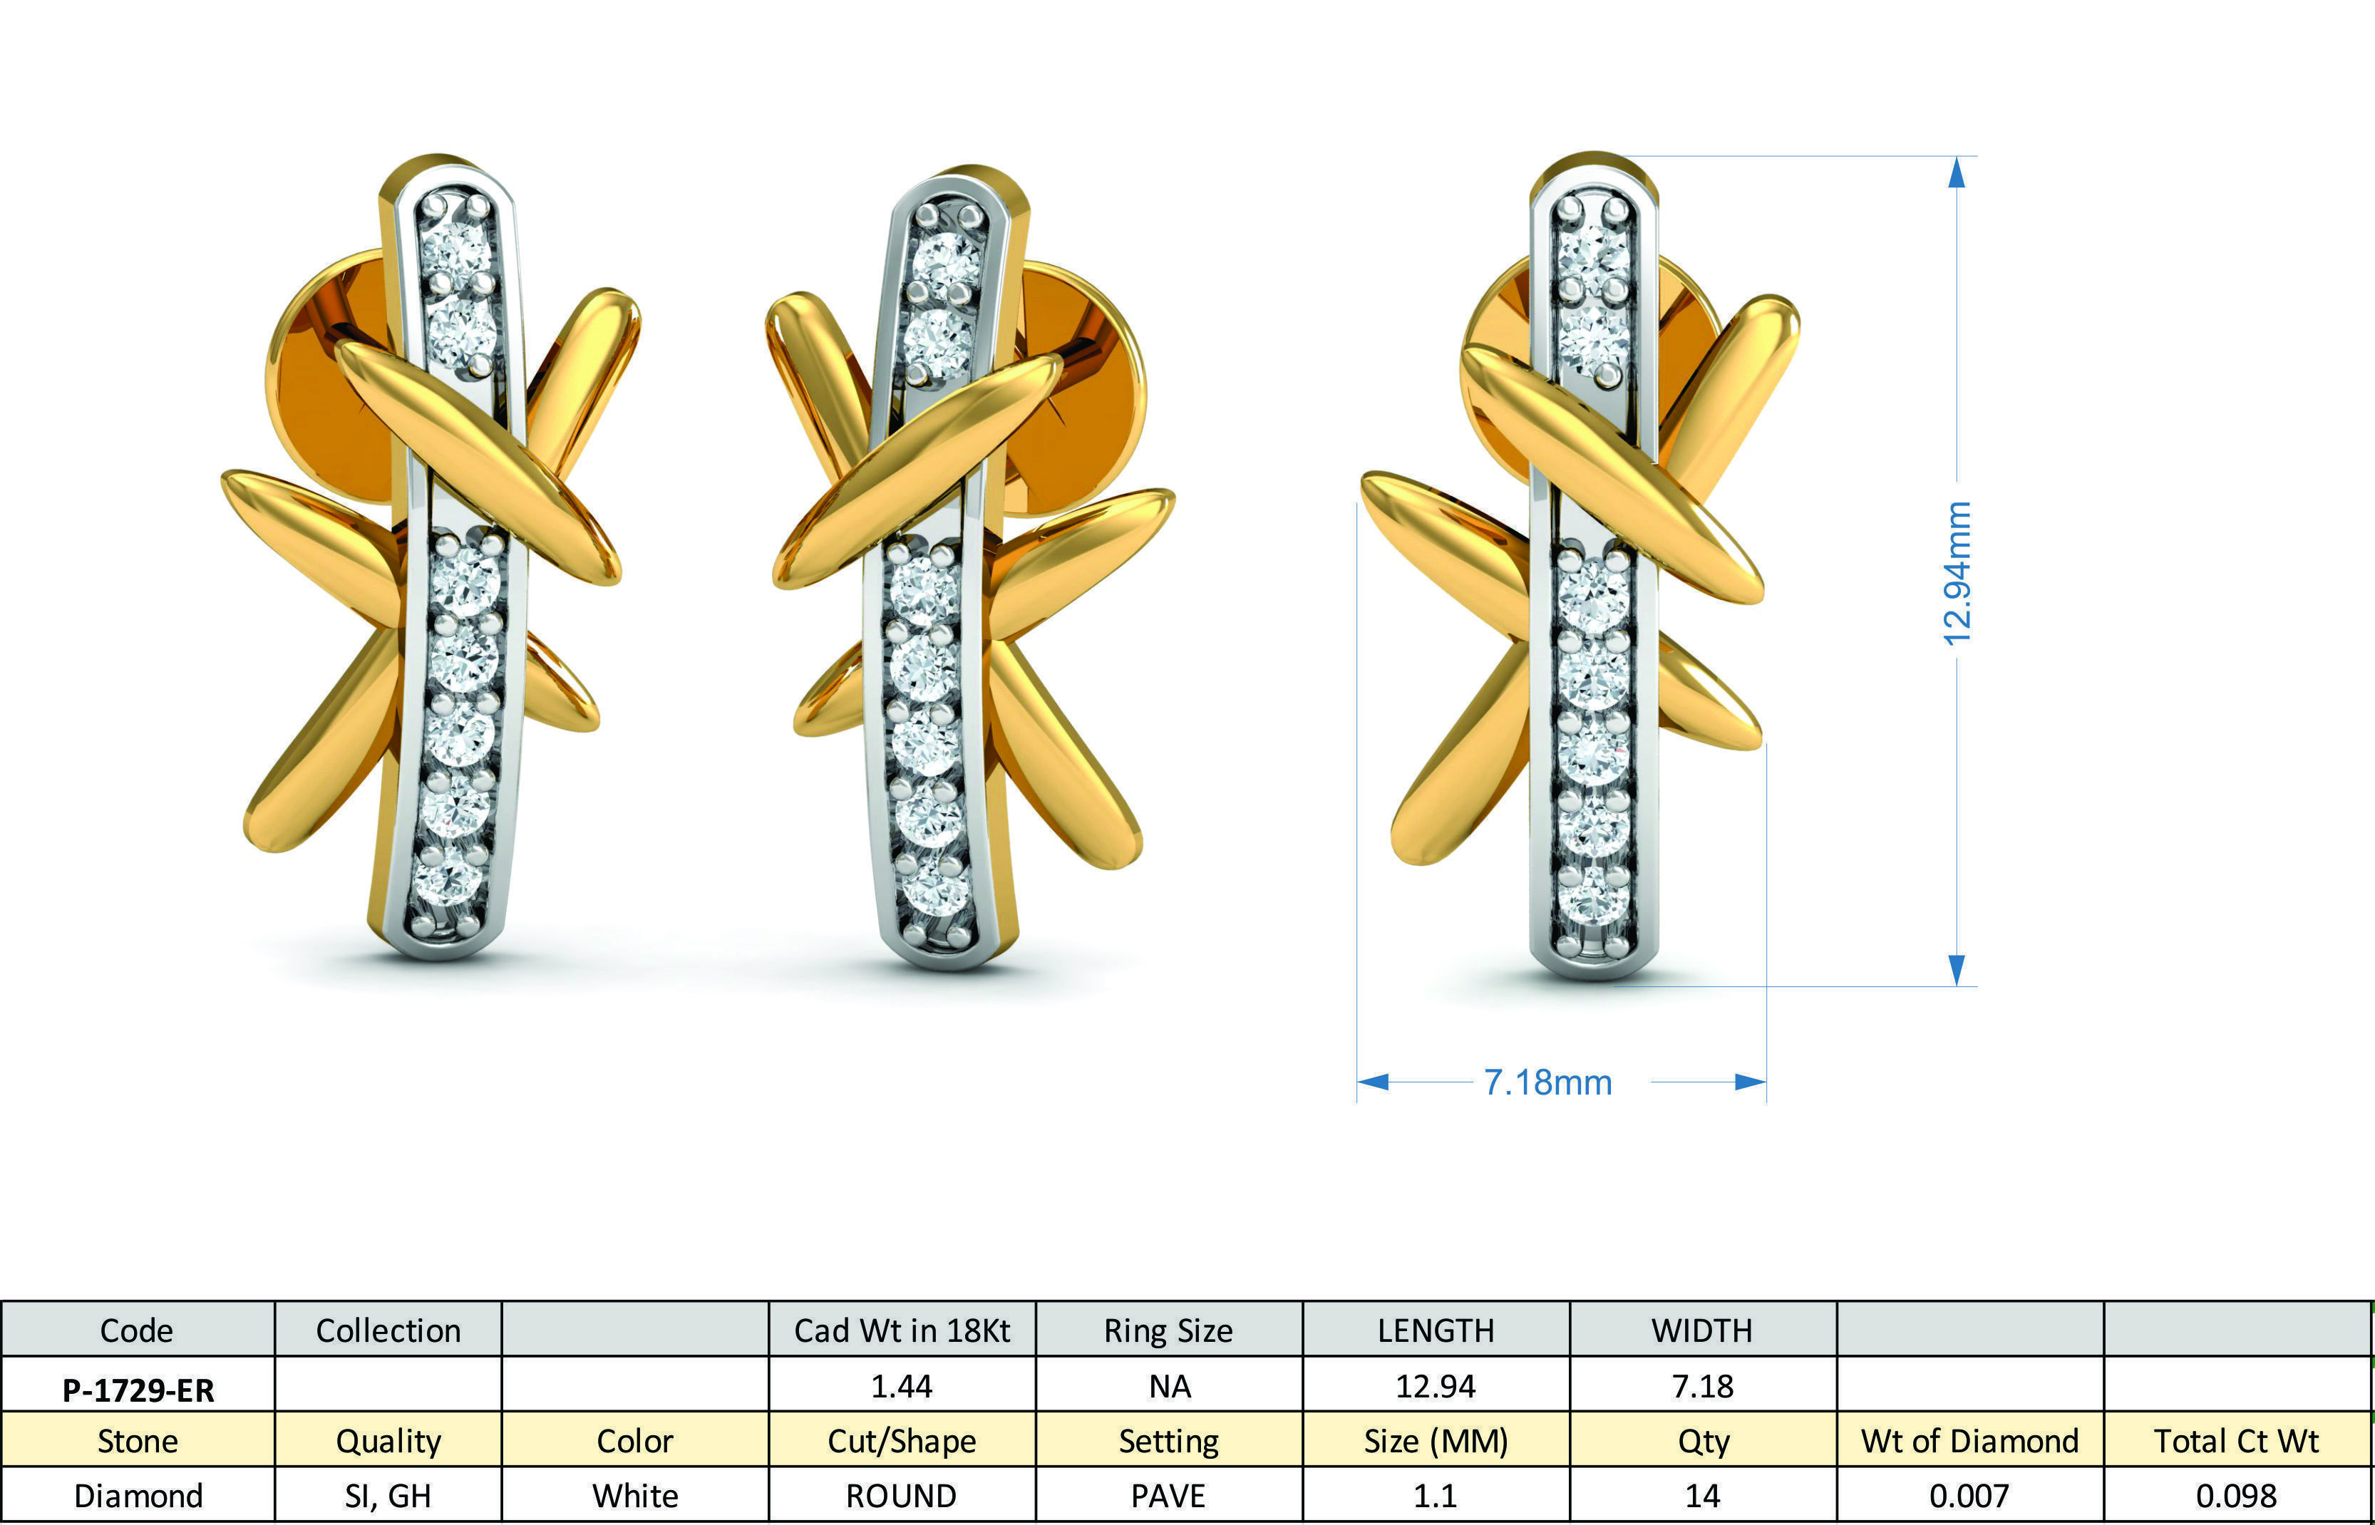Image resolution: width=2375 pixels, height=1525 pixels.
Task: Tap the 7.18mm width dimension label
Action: [1547, 1082]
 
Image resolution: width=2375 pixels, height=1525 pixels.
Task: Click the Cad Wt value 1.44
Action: [901, 1386]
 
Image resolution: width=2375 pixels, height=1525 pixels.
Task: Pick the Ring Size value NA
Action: [1169, 1386]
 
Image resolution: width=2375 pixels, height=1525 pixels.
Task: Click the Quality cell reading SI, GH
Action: [387, 1495]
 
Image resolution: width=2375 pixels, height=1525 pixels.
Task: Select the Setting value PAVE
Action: [1169, 1495]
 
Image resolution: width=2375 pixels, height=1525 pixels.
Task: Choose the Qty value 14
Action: [1703, 1495]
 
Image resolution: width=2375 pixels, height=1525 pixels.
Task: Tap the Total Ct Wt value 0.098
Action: [2236, 1495]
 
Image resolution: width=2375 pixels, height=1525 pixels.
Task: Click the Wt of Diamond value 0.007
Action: [1969, 1495]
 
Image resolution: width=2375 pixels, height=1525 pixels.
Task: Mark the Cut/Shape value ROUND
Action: [901, 1495]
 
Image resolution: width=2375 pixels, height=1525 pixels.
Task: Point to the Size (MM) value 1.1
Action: [1435, 1495]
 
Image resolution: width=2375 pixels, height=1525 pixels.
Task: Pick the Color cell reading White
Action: [635, 1495]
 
